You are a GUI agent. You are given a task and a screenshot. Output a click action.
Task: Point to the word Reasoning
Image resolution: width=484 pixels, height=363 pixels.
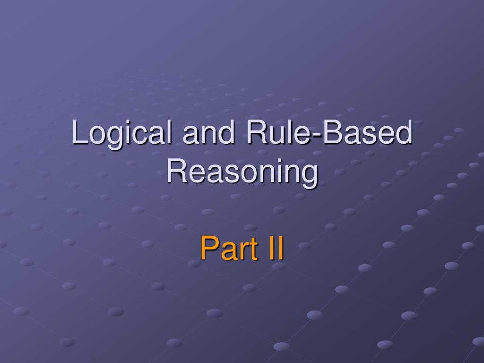point(242,172)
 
